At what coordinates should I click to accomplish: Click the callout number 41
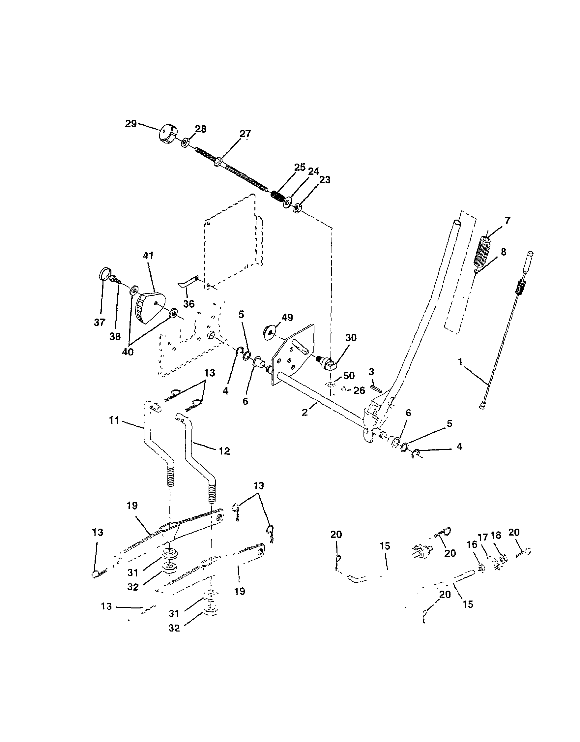click(148, 256)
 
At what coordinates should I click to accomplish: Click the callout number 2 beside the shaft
click(304, 413)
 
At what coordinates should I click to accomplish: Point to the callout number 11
click(114, 420)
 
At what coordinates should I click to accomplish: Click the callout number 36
click(189, 303)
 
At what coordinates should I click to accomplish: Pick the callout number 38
click(115, 336)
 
